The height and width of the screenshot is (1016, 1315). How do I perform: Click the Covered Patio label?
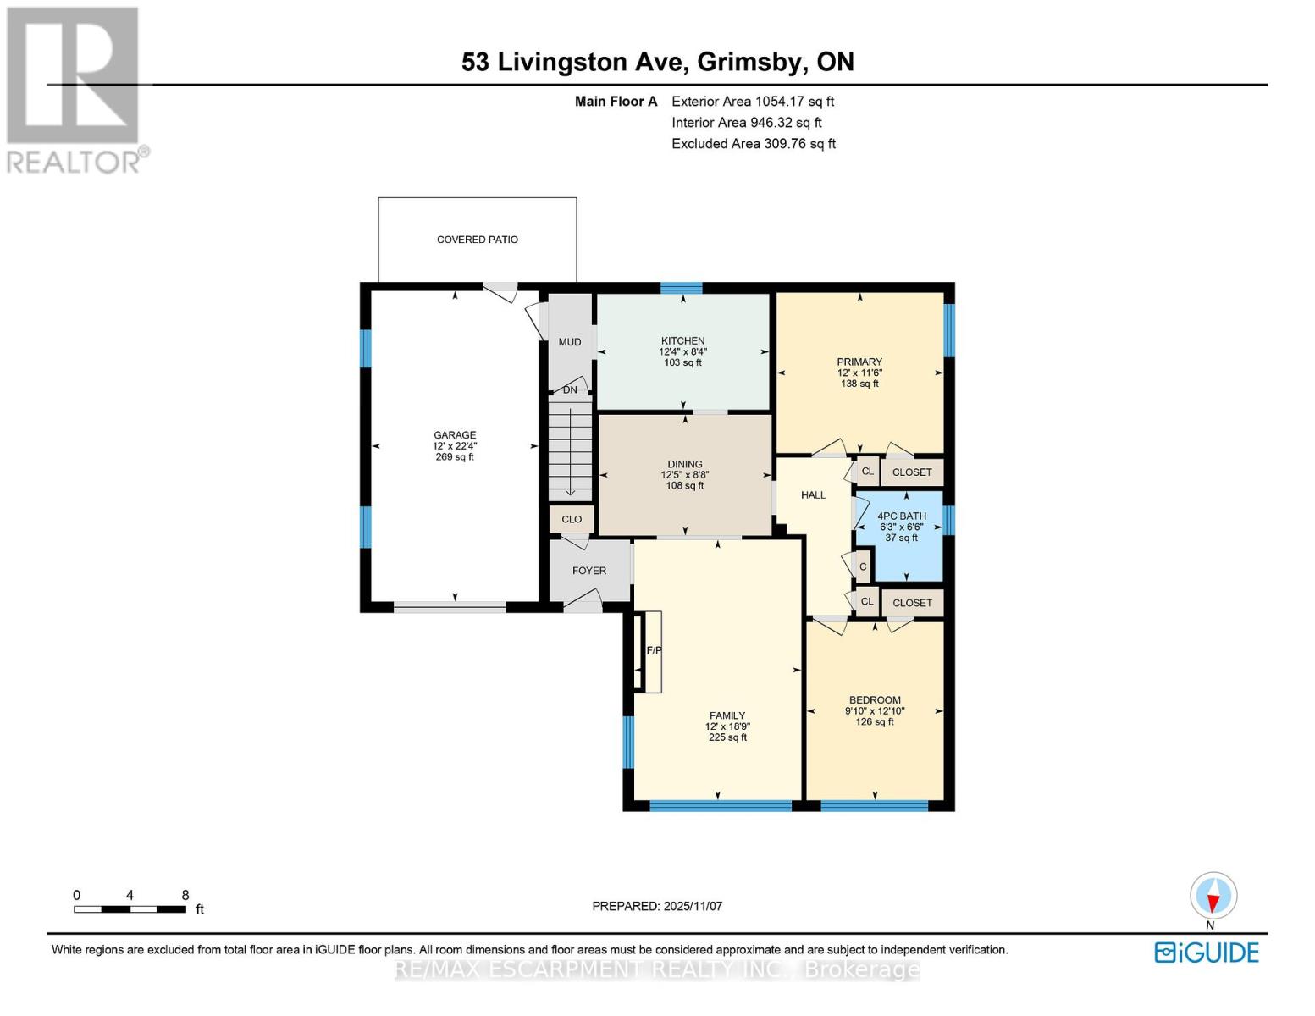point(477,240)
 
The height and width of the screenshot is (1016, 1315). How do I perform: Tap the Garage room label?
point(455,435)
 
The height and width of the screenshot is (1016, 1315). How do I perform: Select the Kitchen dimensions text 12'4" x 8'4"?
point(682,351)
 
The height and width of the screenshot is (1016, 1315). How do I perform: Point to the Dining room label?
point(684,464)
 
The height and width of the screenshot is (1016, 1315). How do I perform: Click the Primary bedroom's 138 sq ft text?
point(859,384)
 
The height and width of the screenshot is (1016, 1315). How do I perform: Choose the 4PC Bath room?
point(901,527)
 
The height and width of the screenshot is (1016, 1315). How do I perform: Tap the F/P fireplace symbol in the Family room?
point(653,650)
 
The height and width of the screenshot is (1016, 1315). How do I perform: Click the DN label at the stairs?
point(570,390)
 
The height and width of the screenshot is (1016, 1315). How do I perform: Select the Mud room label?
point(570,342)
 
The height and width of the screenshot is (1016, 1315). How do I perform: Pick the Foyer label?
point(589,571)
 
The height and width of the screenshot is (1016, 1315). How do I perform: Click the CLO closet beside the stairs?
point(572,519)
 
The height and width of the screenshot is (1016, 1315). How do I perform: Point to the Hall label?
point(813,495)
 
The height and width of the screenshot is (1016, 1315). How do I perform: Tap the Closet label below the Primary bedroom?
point(912,472)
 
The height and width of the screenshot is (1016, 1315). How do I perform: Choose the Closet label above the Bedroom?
point(912,603)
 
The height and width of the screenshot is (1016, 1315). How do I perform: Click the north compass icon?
point(1213,896)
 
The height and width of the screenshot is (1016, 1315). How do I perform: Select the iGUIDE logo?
point(1207,952)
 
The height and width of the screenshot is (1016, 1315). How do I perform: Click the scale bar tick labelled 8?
point(185,896)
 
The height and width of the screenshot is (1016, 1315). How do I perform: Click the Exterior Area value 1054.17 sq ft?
point(794,102)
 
